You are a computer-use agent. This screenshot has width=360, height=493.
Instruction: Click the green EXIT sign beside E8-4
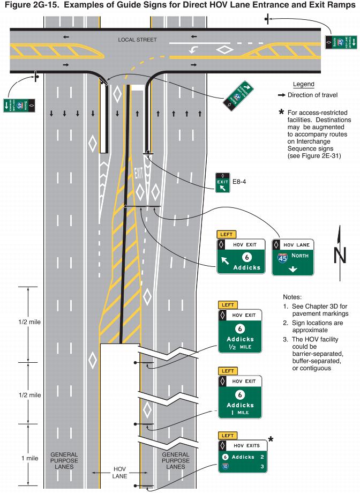(222, 183)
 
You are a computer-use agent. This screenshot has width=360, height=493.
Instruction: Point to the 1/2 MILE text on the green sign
(240, 347)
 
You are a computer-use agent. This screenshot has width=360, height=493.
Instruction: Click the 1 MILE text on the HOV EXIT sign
(240, 413)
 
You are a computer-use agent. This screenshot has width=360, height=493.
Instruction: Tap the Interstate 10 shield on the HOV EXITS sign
(226, 467)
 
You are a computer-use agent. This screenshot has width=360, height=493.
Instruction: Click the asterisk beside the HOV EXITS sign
(271, 440)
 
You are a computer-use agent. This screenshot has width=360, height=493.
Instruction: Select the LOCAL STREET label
(137, 40)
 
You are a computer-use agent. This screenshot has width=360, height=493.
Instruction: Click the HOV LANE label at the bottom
(119, 473)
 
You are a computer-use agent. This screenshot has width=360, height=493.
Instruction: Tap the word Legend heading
(303, 85)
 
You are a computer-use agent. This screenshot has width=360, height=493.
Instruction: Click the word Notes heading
(292, 296)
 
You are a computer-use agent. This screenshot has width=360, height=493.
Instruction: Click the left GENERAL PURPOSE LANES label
(64, 460)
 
